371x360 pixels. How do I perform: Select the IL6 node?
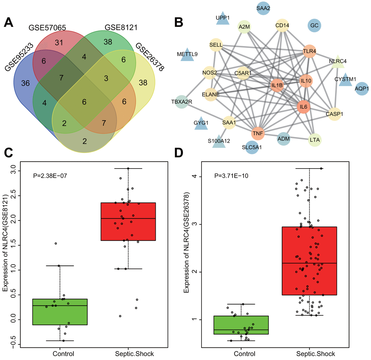(302, 106)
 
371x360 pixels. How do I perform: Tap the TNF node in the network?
(259, 134)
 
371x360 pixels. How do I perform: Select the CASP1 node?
(335, 113)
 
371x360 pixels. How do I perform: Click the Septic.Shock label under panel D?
(309, 353)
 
